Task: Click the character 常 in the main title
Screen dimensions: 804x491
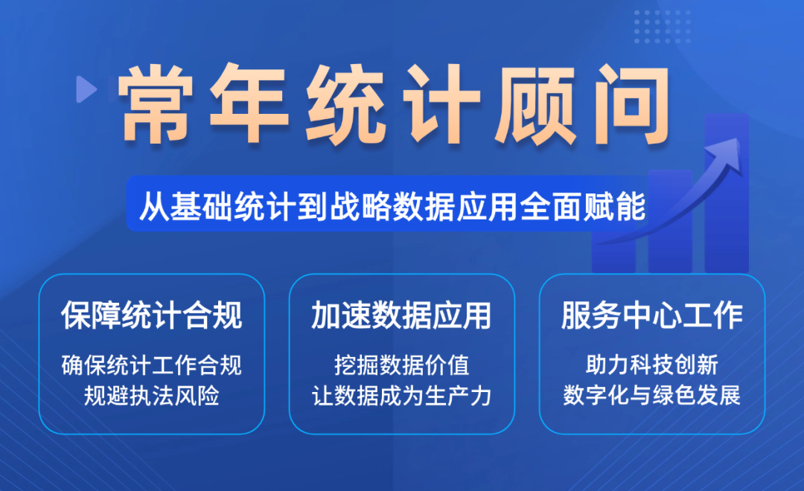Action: click(156, 103)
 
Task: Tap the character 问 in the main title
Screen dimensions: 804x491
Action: click(632, 105)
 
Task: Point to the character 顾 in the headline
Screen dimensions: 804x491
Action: click(536, 105)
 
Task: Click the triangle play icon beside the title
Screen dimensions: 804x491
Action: click(86, 89)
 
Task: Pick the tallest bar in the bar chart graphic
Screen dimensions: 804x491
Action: click(727, 193)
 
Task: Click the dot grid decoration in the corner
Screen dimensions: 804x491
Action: click(663, 26)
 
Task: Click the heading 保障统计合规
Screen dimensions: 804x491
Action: click(151, 315)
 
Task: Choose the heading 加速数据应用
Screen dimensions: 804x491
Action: click(401, 315)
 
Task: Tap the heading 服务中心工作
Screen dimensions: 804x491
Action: click(651, 315)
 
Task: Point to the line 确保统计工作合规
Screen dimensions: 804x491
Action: click(151, 365)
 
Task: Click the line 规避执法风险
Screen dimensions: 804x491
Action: click(151, 395)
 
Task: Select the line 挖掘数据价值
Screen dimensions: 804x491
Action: click(401, 365)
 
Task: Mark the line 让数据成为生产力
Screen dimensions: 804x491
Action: click(401, 395)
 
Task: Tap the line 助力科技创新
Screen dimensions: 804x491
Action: click(651, 365)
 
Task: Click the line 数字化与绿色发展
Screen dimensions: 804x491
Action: click(651, 395)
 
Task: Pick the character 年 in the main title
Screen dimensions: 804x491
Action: click(249, 103)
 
